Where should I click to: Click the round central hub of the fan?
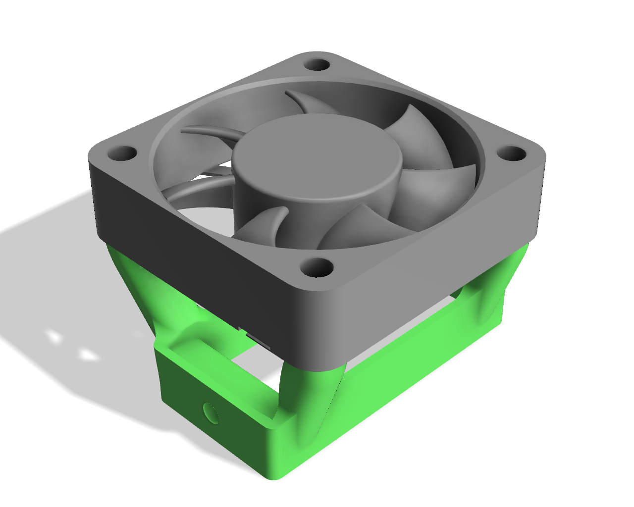(317, 158)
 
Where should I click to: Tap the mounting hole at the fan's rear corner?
(317, 65)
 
